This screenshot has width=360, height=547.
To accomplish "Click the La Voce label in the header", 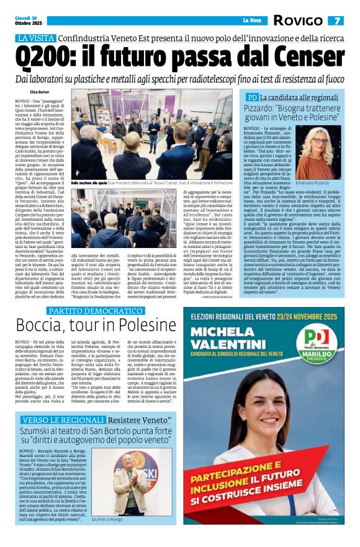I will pos(251,20).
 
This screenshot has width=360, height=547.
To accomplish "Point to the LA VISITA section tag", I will pos(35,38).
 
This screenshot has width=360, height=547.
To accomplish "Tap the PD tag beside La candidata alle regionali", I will pos(251,97).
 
